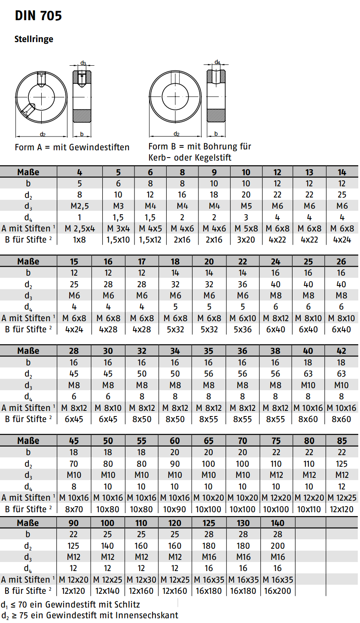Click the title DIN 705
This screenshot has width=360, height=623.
tap(38, 16)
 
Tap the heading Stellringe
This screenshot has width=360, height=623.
tap(34, 39)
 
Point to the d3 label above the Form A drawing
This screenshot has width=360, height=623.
tap(83, 63)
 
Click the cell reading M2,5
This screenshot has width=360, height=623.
tap(79, 206)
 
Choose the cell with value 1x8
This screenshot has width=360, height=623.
tap(79, 240)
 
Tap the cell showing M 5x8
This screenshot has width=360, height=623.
tap(246, 228)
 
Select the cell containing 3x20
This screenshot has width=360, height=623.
tap(246, 240)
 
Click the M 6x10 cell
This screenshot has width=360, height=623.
tap(243, 318)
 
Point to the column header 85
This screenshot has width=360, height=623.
tap(342, 441)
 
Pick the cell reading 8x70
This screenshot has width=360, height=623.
tap(73, 509)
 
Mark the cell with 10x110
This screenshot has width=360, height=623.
tap(309, 509)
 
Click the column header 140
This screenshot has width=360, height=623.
tap(278, 523)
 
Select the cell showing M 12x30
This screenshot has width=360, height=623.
tap(141, 579)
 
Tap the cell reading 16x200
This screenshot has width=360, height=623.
tap(278, 591)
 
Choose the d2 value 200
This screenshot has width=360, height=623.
tap(278, 546)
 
